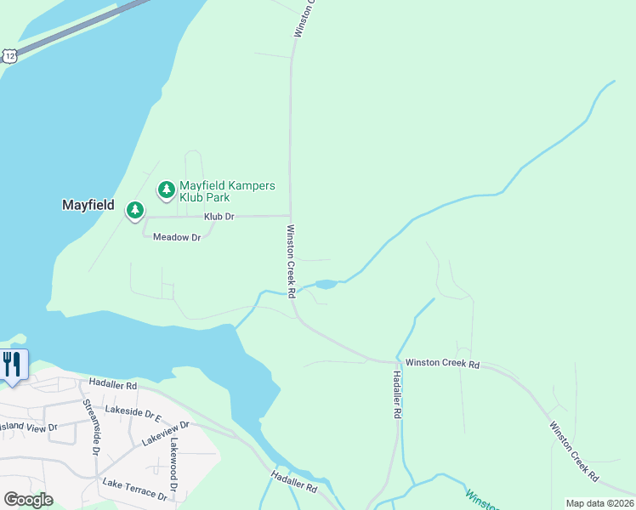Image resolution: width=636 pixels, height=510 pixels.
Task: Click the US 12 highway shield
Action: point(9,55)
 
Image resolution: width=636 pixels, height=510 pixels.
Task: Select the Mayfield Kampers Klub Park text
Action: point(227,191)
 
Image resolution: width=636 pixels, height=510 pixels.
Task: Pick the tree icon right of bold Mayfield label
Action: point(134,209)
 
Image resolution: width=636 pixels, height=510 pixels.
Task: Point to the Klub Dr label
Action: point(219,217)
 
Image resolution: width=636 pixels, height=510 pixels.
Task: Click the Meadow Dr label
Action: point(176,237)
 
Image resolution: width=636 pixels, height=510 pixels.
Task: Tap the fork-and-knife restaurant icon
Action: point(12,365)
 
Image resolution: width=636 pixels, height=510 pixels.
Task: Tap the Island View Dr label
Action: point(28,427)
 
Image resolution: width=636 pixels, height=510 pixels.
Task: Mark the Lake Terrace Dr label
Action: point(134,489)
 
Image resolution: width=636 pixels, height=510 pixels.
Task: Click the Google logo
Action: point(28,500)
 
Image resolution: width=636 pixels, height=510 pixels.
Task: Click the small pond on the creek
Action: point(326,284)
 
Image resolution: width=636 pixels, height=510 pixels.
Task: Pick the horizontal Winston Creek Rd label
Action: point(442,364)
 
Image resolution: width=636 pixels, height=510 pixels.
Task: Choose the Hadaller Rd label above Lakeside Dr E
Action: point(112,385)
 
